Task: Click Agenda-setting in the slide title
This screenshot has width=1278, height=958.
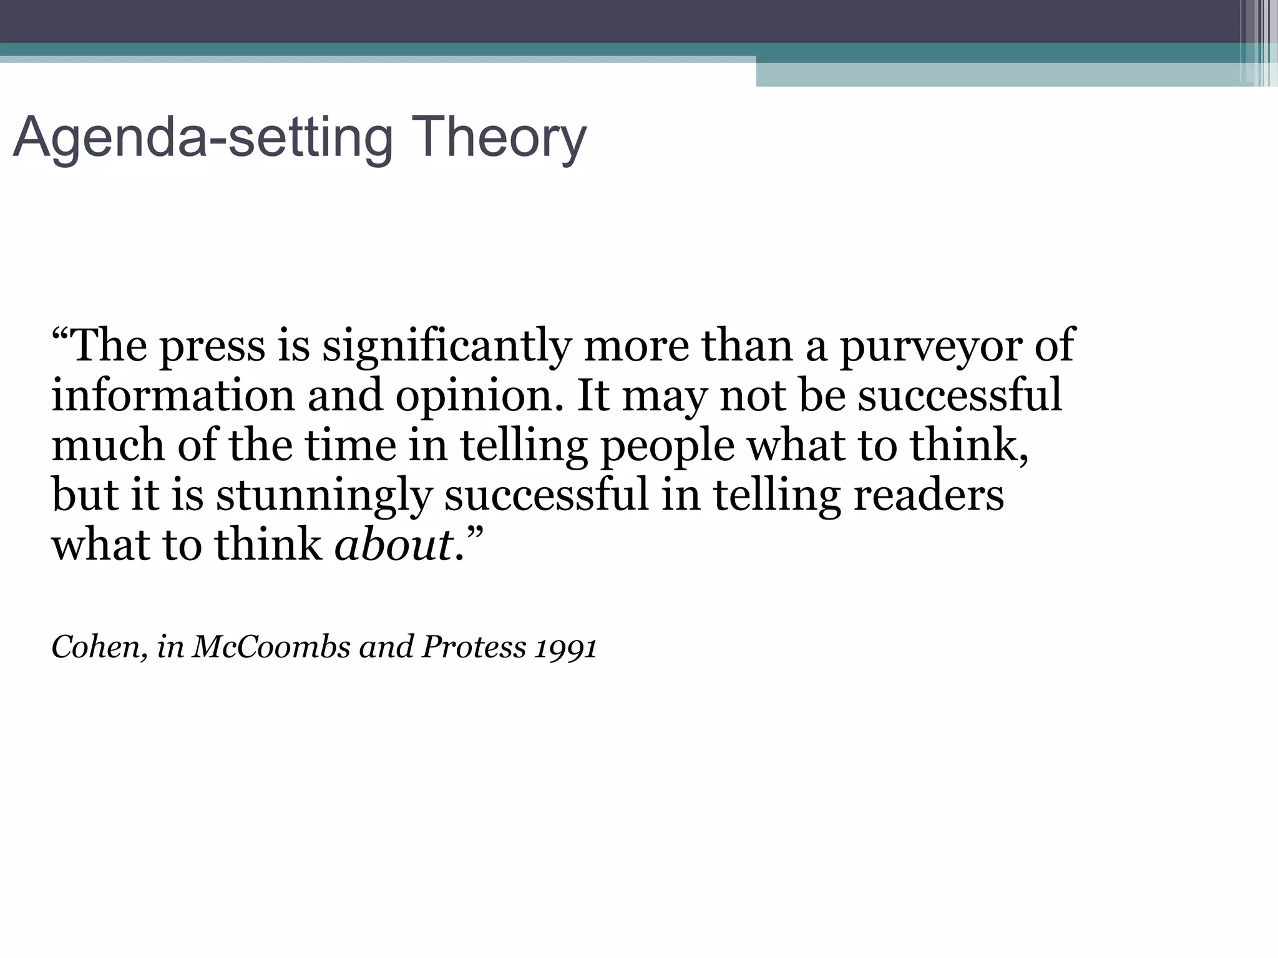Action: (203, 138)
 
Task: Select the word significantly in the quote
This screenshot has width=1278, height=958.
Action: (446, 347)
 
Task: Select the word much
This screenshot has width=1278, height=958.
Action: (108, 445)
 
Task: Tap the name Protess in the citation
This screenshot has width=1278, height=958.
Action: (474, 647)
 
